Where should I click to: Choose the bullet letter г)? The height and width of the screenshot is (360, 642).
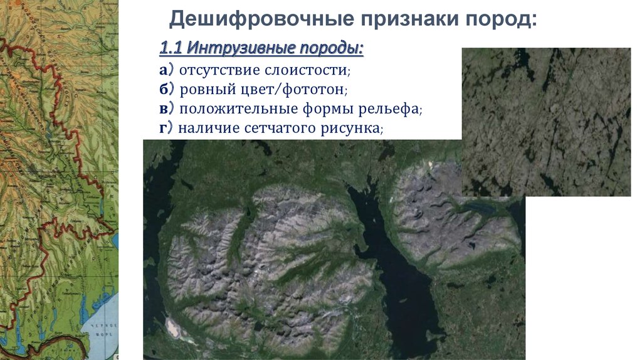tap(166, 129)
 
